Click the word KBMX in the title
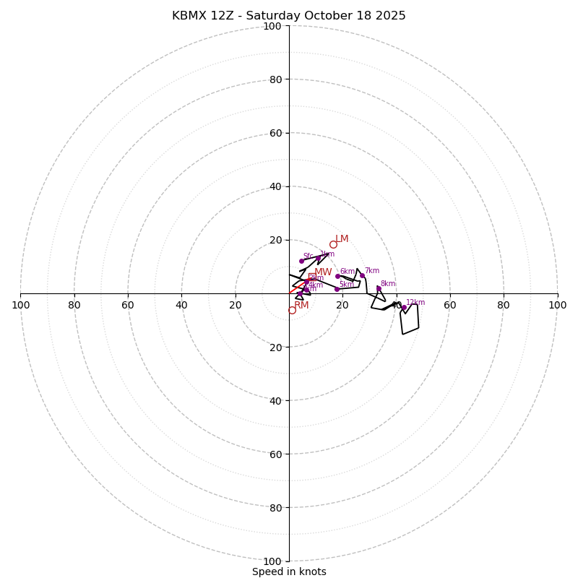coord(189,16)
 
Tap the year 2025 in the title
coord(389,16)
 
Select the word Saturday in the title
coord(264,16)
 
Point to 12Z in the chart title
coord(222,16)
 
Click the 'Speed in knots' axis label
coord(289,571)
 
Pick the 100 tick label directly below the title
coord(272,26)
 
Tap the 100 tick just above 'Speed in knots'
coord(272,561)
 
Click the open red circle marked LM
coord(333,244)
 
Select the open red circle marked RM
coord(292,310)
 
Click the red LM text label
coord(342,238)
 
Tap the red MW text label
coord(323,272)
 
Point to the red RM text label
coord(301,305)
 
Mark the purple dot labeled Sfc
coord(302,261)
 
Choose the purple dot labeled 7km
coord(362,275)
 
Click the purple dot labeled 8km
coord(379,288)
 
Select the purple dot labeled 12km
coord(404,308)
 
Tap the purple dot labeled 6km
coord(337,276)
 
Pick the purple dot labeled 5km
coord(337,289)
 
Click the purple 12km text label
coord(415,303)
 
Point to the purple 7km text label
coord(371,271)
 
